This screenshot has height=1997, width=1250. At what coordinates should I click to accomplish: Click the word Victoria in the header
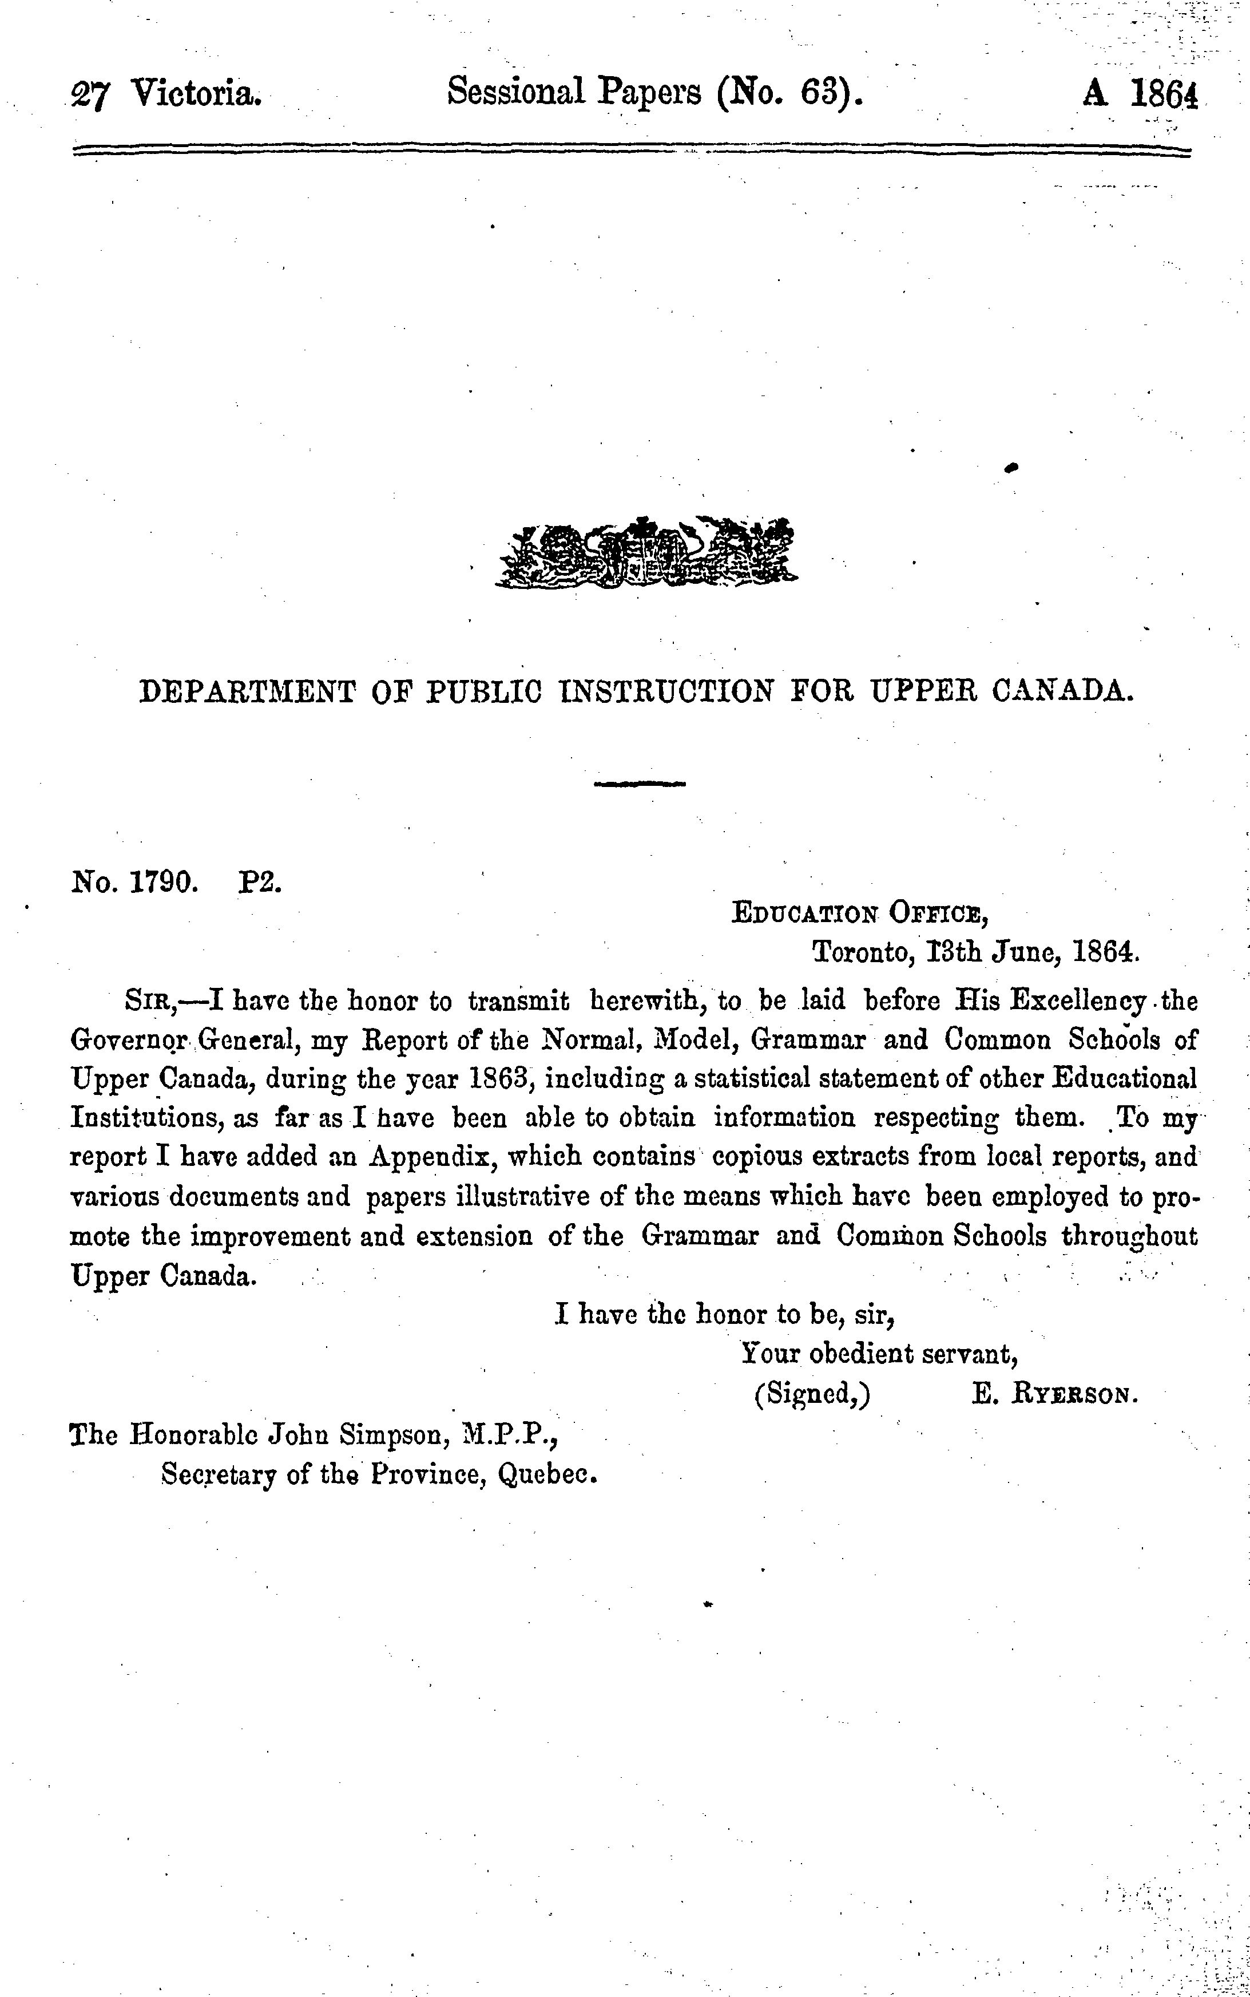pos(197,93)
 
